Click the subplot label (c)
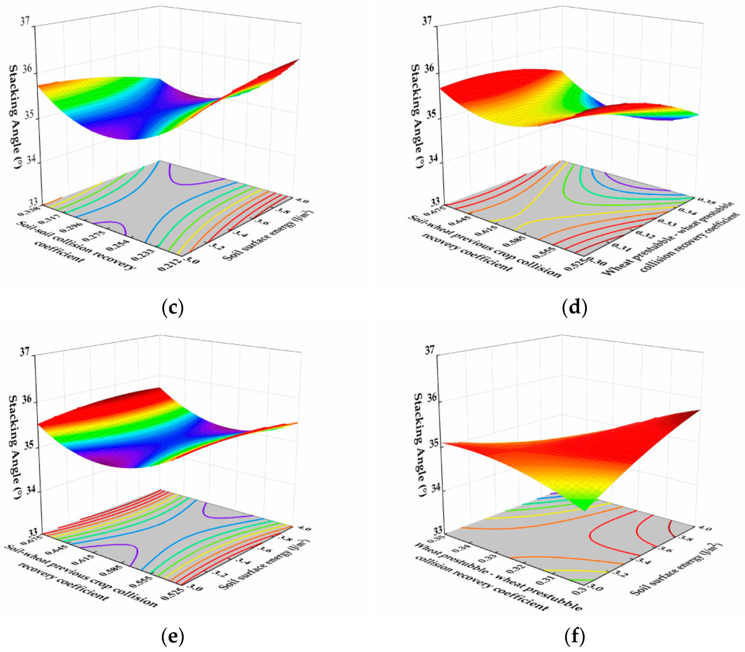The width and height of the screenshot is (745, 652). coord(172,307)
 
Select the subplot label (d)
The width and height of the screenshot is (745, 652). coord(574,307)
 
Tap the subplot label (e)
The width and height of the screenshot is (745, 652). coord(172,636)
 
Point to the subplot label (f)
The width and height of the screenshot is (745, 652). coord(574,636)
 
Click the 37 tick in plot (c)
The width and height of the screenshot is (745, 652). coord(24,22)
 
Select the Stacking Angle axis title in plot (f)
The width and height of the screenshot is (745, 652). coord(418,444)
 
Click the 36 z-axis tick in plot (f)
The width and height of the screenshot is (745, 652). coord(431,398)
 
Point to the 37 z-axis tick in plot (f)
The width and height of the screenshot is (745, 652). coord(431,350)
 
